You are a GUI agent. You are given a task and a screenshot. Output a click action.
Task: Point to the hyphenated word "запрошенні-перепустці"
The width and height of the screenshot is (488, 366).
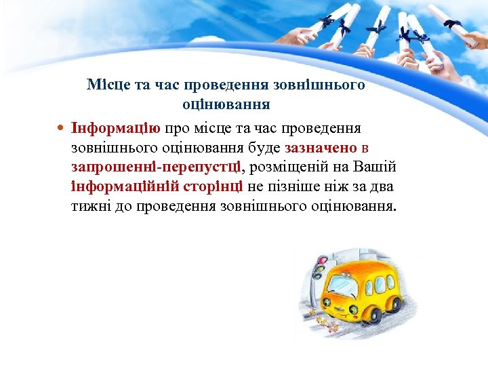pos(155,166)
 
